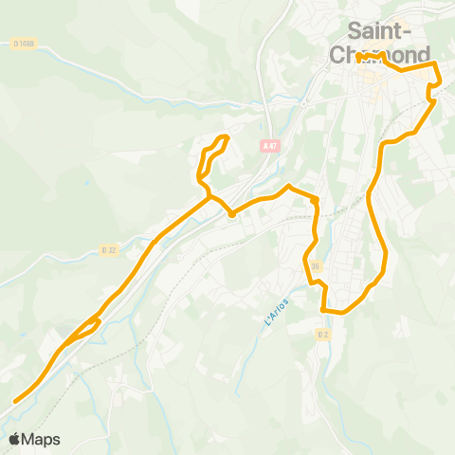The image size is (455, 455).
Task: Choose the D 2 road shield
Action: click(x=324, y=334)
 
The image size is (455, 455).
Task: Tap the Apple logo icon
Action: click(x=16, y=439)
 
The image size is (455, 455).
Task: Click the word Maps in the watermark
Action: click(x=43, y=439)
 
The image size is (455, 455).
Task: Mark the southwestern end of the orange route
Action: click(x=15, y=401)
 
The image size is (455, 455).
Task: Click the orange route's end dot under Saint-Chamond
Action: click(x=361, y=58)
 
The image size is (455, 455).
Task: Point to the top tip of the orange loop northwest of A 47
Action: click(x=226, y=137)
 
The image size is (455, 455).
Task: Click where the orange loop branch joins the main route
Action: click(x=209, y=196)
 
